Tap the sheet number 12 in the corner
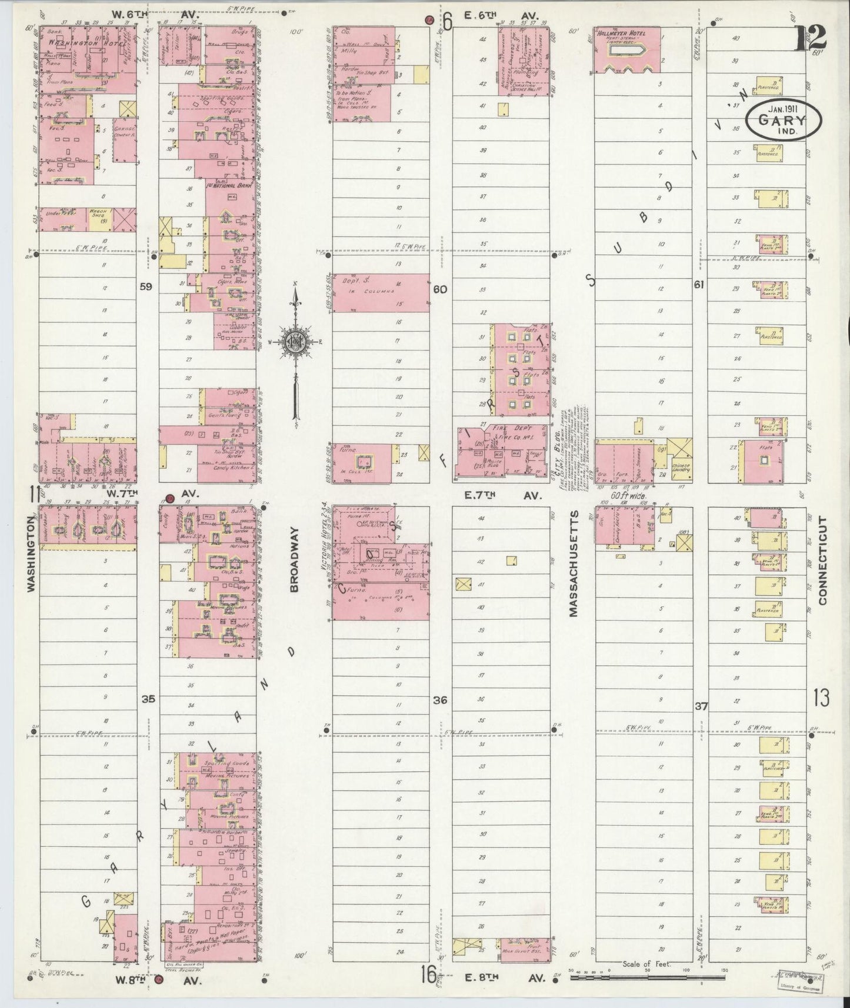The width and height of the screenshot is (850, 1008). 811,38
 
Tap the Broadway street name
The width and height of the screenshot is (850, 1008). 295,559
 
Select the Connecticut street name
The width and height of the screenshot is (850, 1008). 822,560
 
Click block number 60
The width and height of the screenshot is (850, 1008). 440,289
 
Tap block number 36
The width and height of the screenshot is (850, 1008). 440,700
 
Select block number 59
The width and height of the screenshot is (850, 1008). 146,286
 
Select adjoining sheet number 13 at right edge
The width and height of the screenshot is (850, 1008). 822,698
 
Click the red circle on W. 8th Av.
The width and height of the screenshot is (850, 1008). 158,979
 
